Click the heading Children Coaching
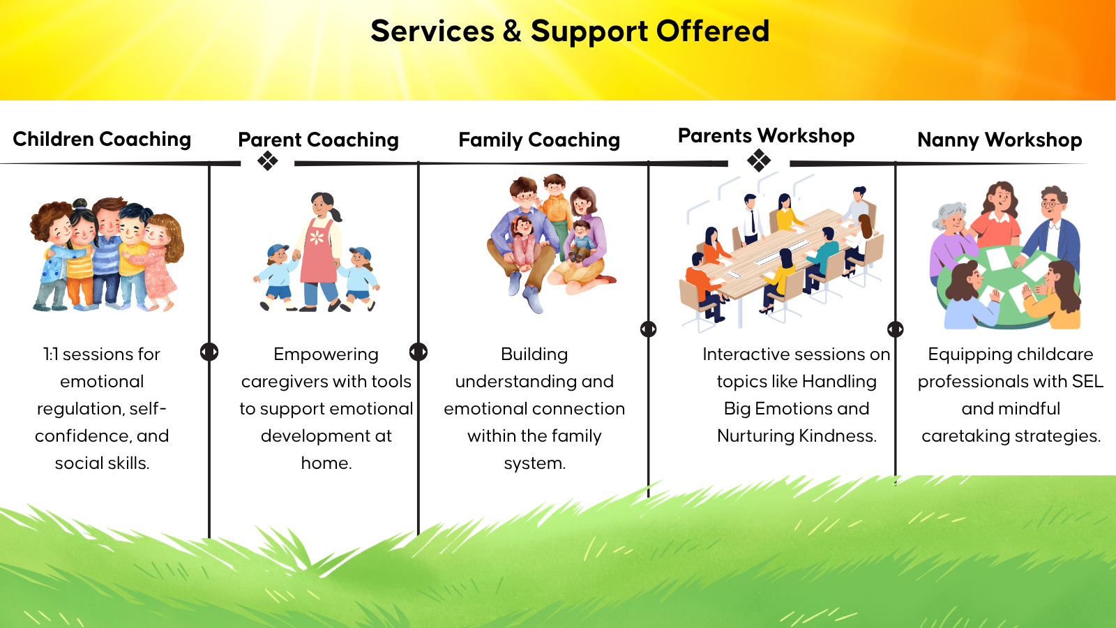pyautogui.click(x=102, y=139)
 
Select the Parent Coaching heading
pyautogui.click(x=318, y=140)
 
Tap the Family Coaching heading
pyautogui.click(x=539, y=140)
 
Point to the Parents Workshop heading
pyautogui.click(x=767, y=135)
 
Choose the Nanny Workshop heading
pyautogui.click(x=1000, y=140)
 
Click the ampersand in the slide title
pyautogui.click(x=512, y=31)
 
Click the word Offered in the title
pyautogui.click(x=712, y=31)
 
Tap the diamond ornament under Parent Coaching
pyautogui.click(x=268, y=160)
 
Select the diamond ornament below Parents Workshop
pyautogui.click(x=759, y=160)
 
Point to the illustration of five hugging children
pyautogui.click(x=107, y=254)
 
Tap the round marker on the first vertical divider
pyautogui.click(x=209, y=352)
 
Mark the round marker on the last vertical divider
pyautogui.click(x=896, y=329)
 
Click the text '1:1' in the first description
pyautogui.click(x=50, y=354)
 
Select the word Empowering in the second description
pyautogui.click(x=326, y=355)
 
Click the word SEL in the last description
pyautogui.click(x=1087, y=381)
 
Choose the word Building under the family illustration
pyautogui.click(x=534, y=355)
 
